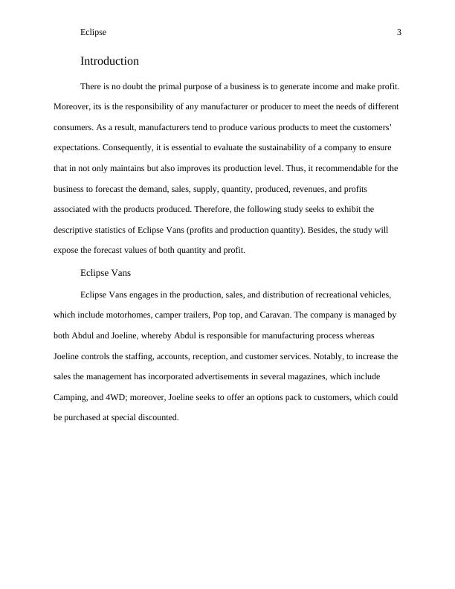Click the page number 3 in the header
[x=399, y=32]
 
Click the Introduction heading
[x=109, y=61]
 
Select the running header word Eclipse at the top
[x=93, y=32]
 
